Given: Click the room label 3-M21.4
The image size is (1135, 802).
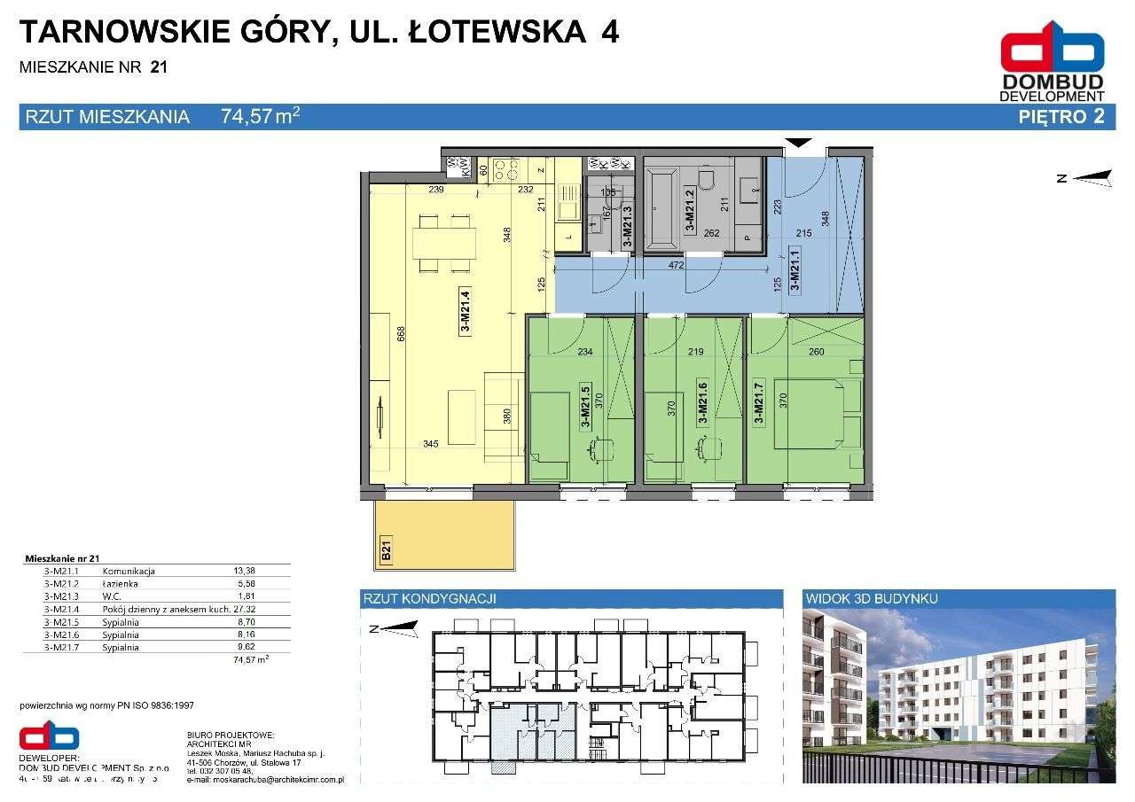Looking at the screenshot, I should [x=465, y=312].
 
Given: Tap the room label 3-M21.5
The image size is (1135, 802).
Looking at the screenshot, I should [x=584, y=405].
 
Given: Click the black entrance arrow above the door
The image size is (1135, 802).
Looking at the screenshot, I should [x=800, y=142].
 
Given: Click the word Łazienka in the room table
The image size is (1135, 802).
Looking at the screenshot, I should [x=121, y=584].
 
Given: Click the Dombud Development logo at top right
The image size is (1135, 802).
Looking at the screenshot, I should [x=1052, y=62].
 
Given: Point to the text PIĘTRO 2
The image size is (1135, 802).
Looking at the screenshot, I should [x=1062, y=117].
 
